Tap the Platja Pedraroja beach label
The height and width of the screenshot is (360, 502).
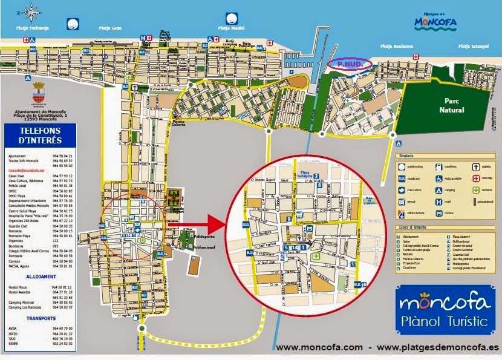click(31, 28)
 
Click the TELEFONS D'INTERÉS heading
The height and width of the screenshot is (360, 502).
click(41, 135)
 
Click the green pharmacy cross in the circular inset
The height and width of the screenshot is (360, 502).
click(315, 257)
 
